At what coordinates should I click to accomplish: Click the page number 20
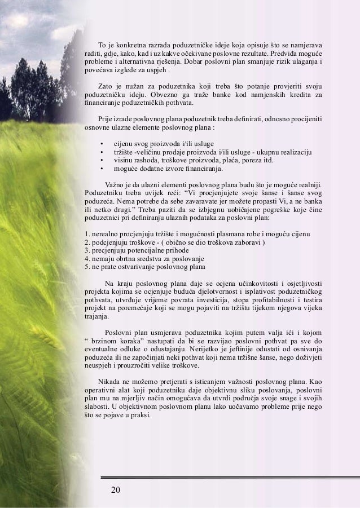[115, 488]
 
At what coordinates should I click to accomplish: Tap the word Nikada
[108, 381]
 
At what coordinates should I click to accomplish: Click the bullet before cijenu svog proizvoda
[101, 144]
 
